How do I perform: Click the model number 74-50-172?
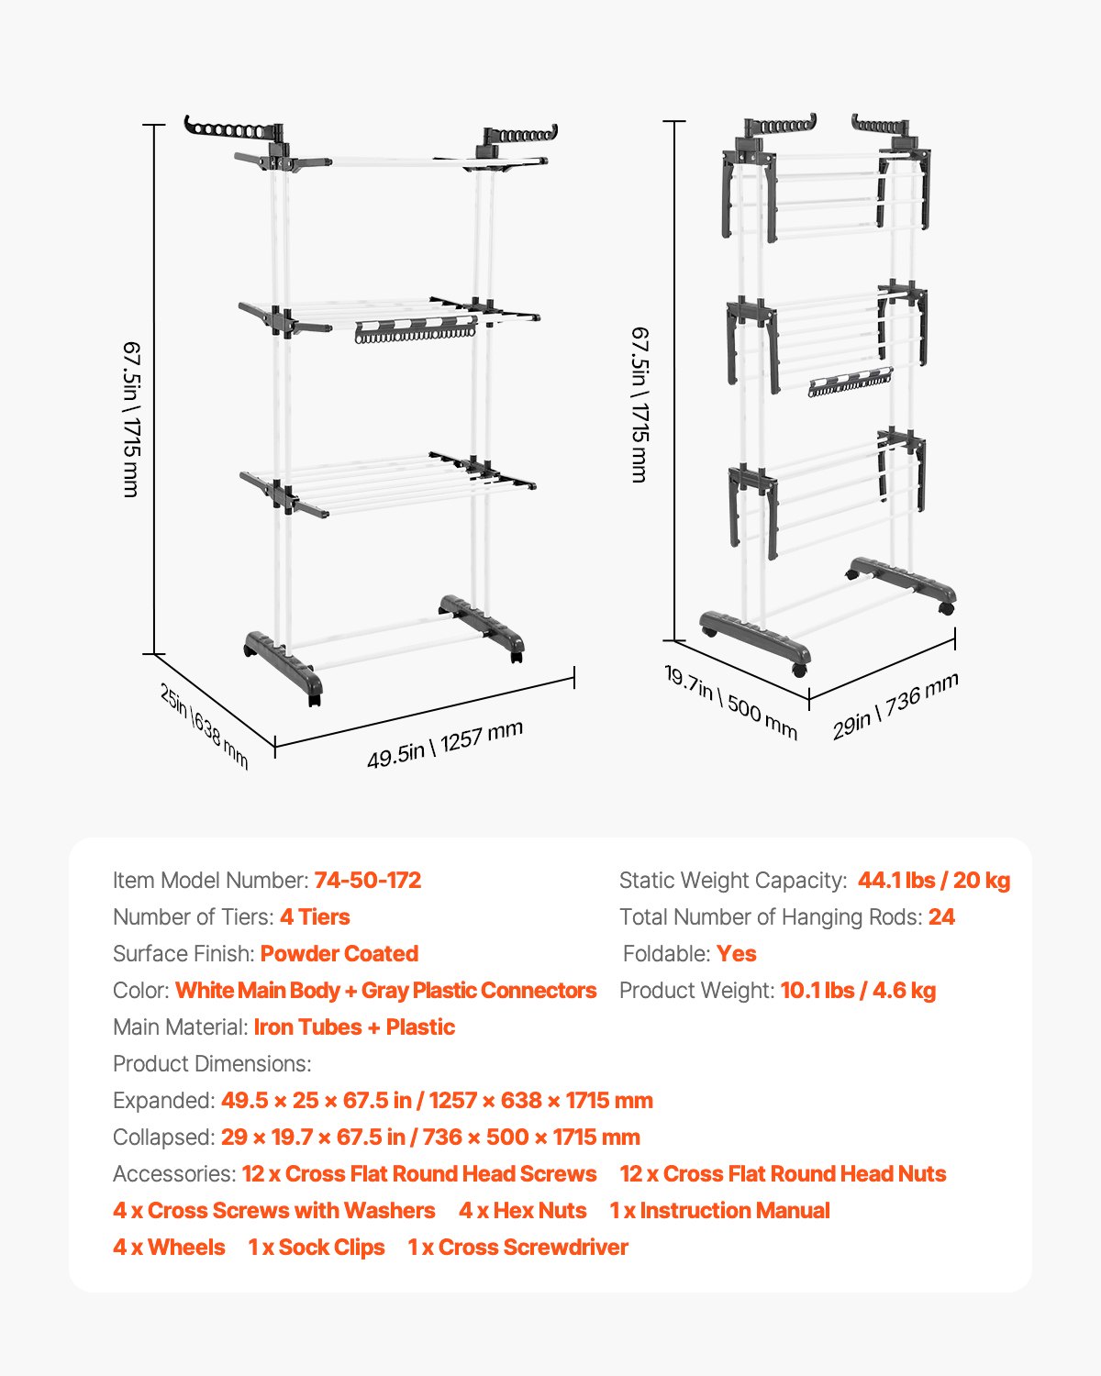(367, 881)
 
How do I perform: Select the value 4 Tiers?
(315, 917)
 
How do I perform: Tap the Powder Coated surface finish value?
(339, 954)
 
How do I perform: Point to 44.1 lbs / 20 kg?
(933, 881)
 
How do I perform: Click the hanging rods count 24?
(941, 917)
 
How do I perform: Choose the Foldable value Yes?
(736, 954)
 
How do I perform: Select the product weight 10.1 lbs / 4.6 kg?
(858, 991)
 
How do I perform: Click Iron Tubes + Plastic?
(354, 1027)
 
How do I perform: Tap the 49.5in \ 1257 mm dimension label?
(445, 744)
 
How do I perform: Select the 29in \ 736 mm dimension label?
(895, 705)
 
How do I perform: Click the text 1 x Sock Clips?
(317, 1248)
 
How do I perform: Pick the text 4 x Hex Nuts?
(522, 1211)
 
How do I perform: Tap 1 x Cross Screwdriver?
(517, 1248)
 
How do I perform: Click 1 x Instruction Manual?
(719, 1211)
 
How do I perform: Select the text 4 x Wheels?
(169, 1248)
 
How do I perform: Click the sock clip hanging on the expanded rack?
(415, 330)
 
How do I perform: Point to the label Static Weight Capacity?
(732, 881)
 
